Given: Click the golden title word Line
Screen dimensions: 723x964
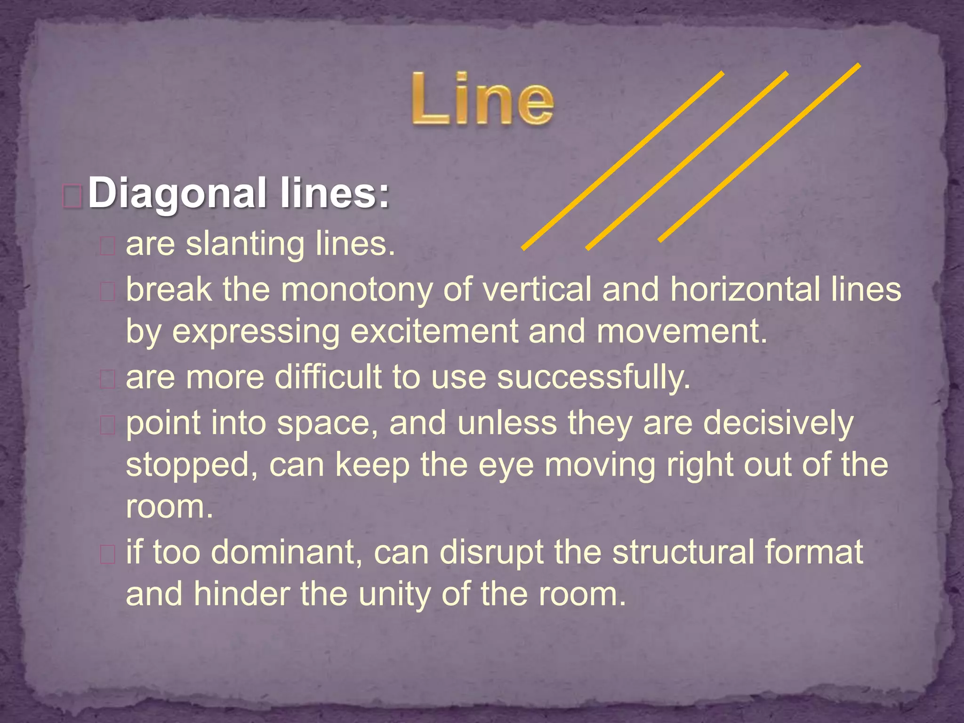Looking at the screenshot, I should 482,100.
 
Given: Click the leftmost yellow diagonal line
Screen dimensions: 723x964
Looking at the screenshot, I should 622,161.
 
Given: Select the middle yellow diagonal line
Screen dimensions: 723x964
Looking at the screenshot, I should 687,161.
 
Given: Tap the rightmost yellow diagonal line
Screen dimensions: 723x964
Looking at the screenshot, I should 759,153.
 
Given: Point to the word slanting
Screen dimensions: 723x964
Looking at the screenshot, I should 245,244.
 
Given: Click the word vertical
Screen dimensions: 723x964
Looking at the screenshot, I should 537,289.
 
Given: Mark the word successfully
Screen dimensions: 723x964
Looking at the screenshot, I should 594,378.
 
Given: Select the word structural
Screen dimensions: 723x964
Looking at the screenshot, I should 682,552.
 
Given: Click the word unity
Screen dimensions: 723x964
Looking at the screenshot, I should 394,594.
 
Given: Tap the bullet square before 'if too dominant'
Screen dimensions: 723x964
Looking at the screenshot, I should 108,555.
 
